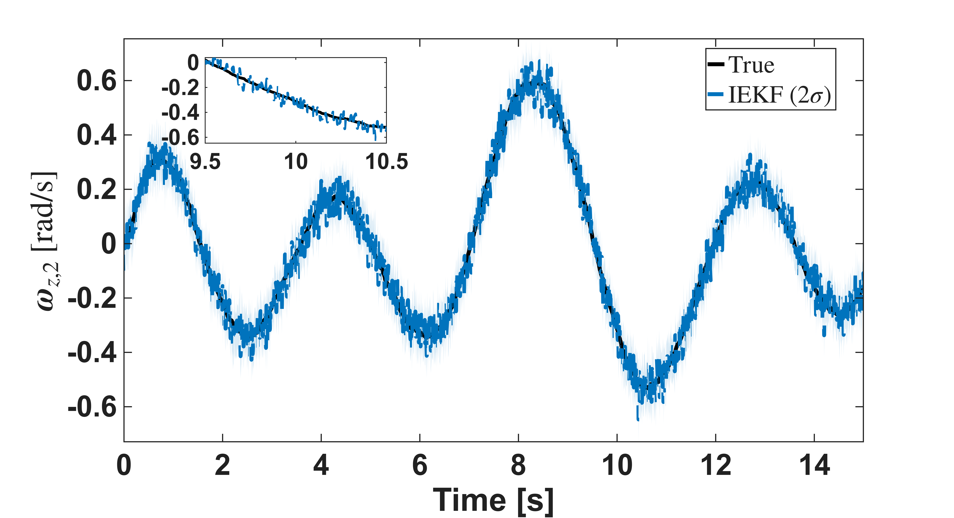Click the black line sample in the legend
point(716,64)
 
